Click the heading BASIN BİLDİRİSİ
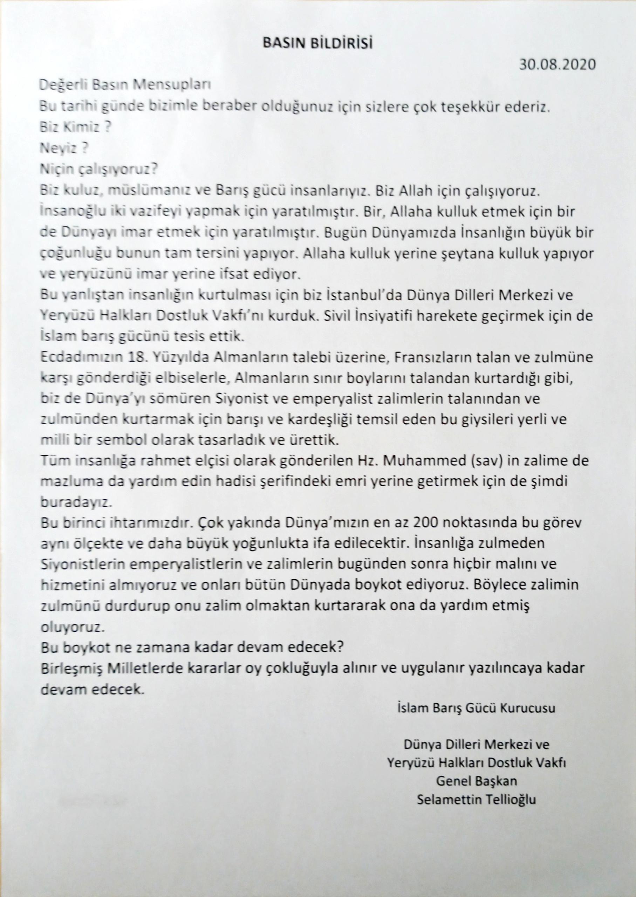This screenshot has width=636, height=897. pyautogui.click(x=317, y=43)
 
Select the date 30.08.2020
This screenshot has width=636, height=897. pyautogui.click(x=557, y=64)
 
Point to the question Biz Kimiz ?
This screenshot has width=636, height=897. pyautogui.click(x=74, y=128)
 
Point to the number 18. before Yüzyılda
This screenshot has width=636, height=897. pyautogui.click(x=140, y=358)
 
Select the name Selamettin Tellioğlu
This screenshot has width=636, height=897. pyautogui.click(x=476, y=789)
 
